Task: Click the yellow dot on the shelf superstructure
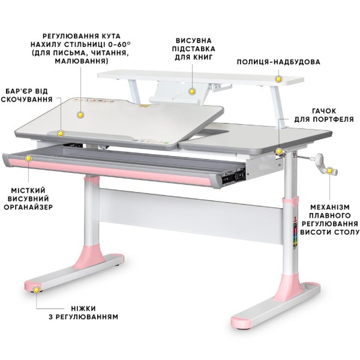279,79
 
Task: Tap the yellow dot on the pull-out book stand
192,91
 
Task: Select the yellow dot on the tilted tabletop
80,115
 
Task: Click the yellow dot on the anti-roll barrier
61,133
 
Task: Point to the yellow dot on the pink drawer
28,158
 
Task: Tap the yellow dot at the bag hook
279,151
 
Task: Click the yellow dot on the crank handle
329,170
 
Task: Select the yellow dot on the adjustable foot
37,290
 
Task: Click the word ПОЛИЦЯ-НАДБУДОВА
278,62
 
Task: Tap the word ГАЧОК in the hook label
324,111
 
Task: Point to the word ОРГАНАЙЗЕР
28,207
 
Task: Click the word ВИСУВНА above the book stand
194,41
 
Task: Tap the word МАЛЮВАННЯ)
82,61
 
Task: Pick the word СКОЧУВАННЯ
27,100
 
